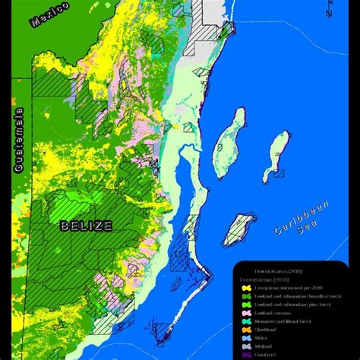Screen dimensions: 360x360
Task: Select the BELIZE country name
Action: coord(87,226)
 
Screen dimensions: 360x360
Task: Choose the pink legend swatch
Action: coord(245,311)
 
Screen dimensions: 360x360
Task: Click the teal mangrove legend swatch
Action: coord(245,321)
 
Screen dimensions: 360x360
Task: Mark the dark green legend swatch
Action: coord(245,296)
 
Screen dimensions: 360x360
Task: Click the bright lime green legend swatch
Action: coord(245,304)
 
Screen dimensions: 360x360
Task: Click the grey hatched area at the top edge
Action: coord(206,15)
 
